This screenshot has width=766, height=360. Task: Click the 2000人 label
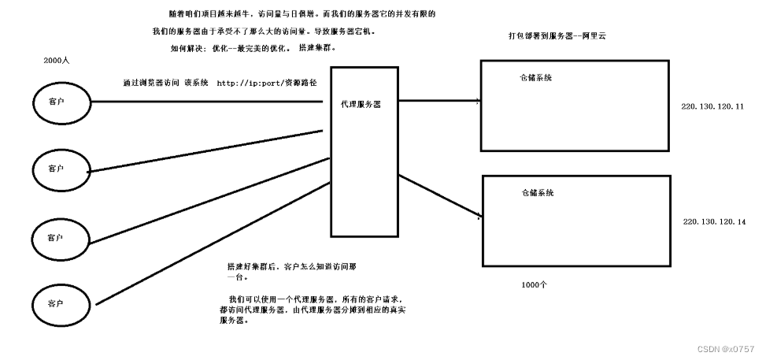(57, 61)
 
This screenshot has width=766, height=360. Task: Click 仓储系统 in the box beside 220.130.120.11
(535, 77)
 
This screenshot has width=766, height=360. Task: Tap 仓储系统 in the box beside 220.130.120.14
(537, 193)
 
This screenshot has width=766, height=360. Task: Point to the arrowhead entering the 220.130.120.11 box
(477, 101)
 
